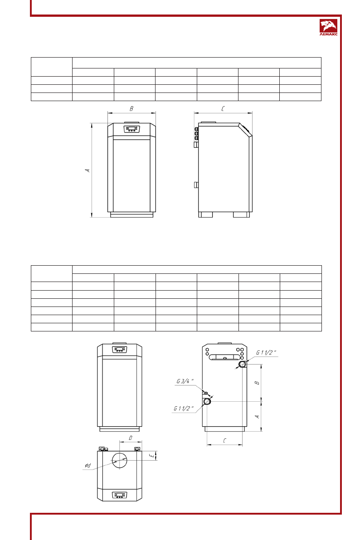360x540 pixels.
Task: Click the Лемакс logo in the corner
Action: [328, 28]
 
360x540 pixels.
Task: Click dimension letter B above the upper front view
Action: [131, 109]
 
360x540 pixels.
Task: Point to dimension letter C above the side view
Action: [223, 109]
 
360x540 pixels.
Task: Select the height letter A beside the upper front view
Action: [88, 170]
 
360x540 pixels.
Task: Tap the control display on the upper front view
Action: [131, 129]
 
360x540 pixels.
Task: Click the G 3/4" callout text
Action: [185, 381]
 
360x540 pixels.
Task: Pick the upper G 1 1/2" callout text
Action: [266, 353]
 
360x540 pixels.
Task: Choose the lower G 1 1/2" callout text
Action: [184, 409]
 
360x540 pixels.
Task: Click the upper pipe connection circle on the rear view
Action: [243, 365]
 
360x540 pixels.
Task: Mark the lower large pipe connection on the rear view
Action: [207, 402]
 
